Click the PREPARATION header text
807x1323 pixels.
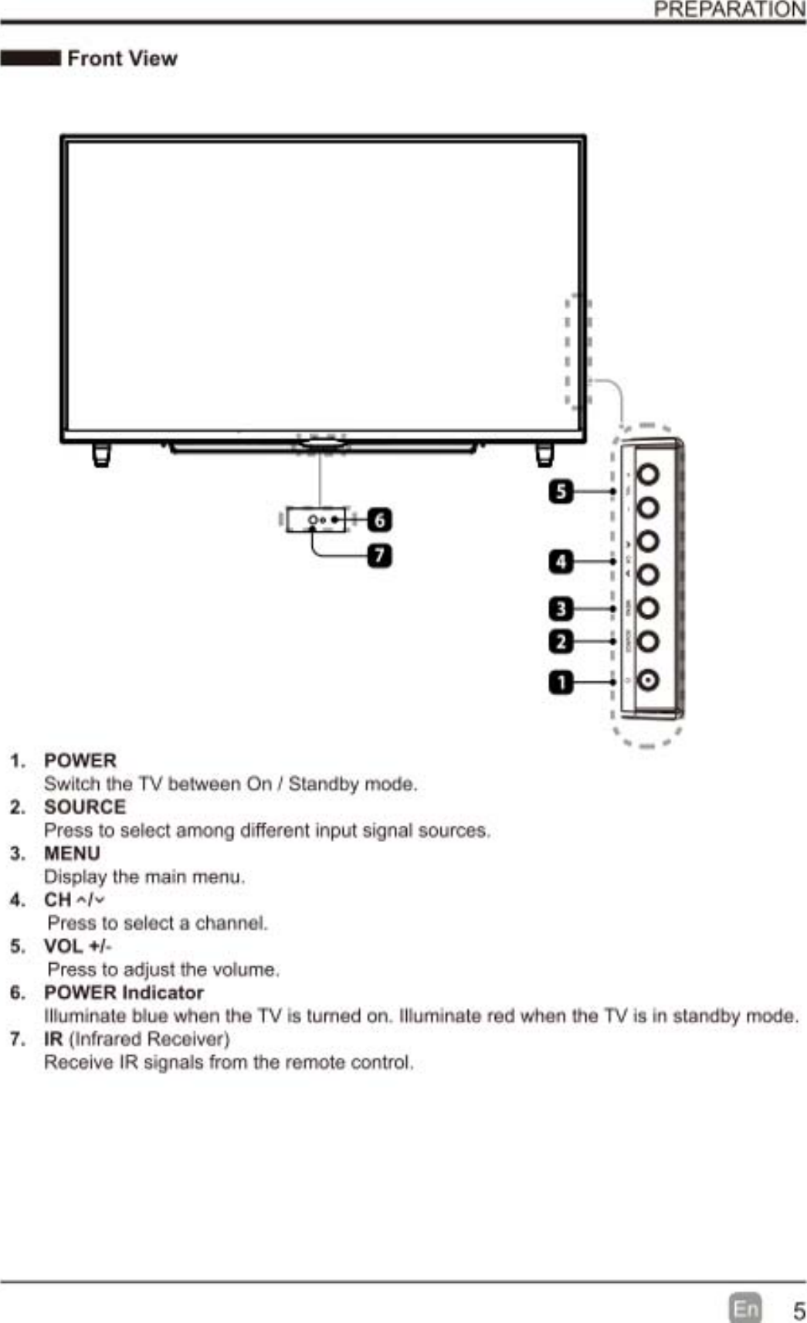point(729,9)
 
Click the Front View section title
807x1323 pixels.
point(122,59)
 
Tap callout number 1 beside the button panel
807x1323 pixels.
point(561,683)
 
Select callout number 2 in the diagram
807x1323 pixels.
point(561,642)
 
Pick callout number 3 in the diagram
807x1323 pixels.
point(561,609)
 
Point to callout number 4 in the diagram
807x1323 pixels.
point(561,561)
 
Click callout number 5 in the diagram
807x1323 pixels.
point(561,491)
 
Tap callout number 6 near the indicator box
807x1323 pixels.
point(379,520)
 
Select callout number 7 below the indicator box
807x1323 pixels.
point(379,555)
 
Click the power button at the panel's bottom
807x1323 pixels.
point(648,680)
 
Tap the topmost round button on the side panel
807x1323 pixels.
point(648,473)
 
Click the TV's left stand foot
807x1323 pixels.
point(101,455)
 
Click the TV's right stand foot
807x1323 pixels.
point(544,455)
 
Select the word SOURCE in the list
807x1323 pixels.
point(85,807)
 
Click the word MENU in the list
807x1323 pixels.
point(72,853)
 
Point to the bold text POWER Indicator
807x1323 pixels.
point(124,992)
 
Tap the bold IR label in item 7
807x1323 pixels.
point(53,1039)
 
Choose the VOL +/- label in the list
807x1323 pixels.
point(77,946)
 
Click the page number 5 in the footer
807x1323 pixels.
point(799,1310)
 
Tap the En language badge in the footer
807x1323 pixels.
point(745,1308)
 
